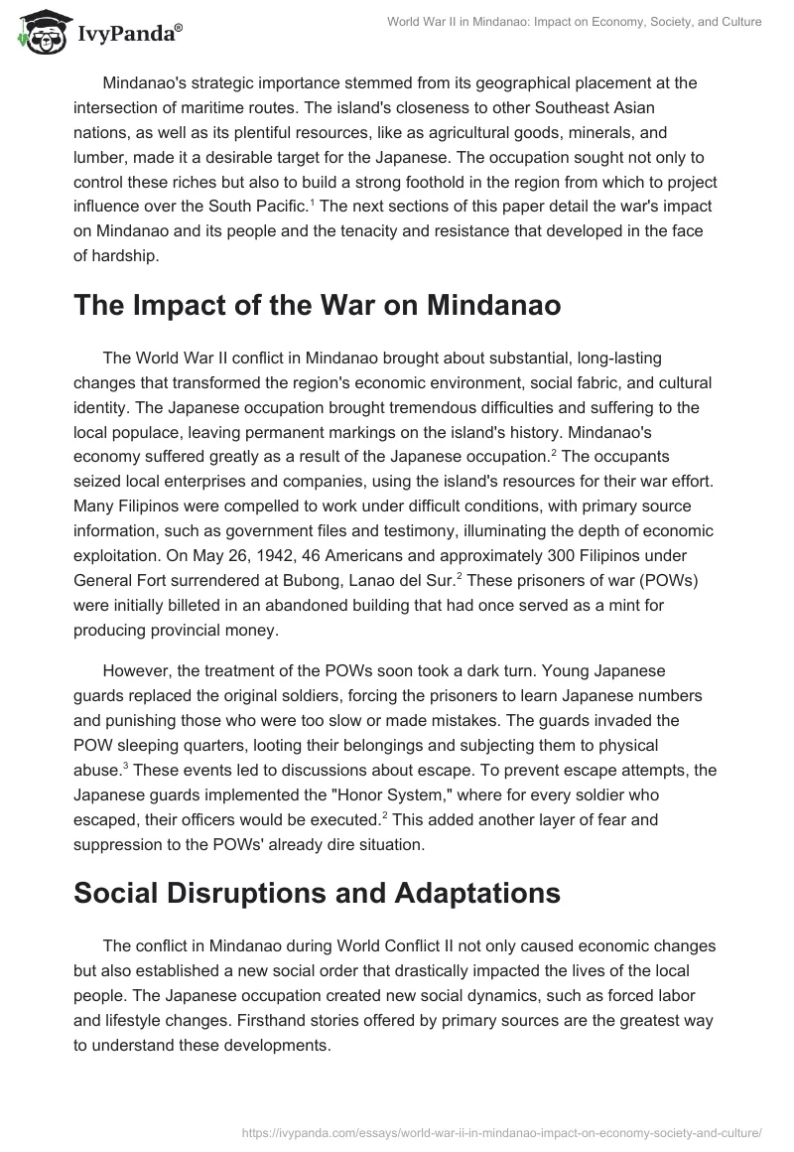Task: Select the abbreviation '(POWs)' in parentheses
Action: pyautogui.click(x=691, y=581)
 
